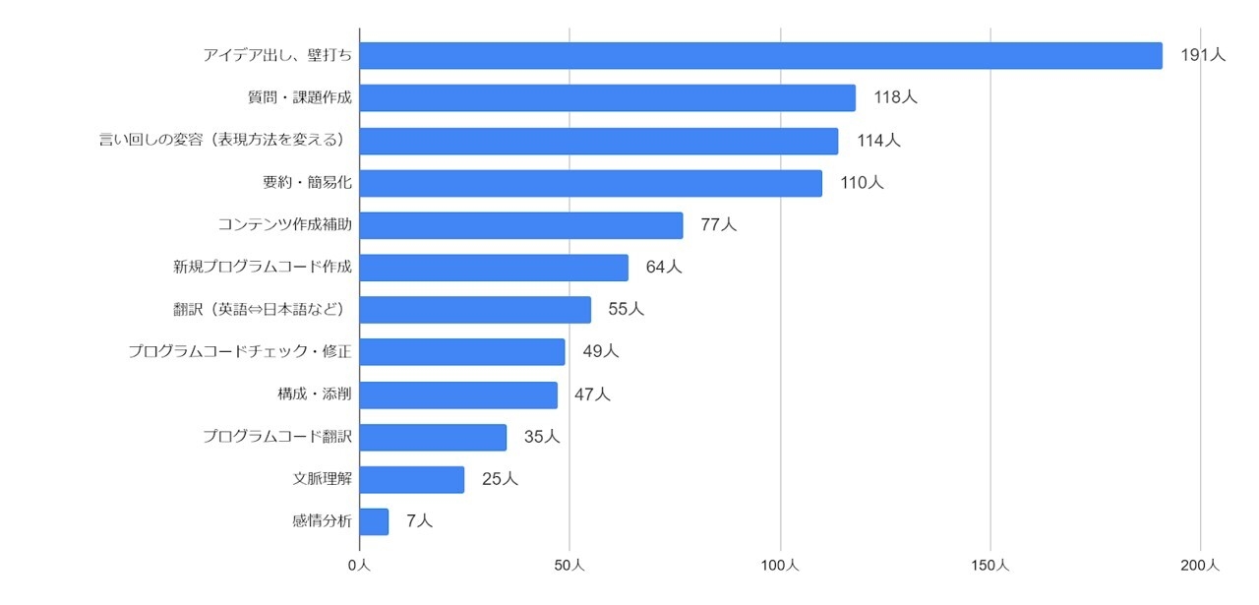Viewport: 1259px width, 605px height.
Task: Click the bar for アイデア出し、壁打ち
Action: point(760,56)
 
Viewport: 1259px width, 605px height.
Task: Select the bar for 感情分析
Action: point(374,521)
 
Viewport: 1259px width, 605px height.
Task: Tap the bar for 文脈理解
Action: point(411,479)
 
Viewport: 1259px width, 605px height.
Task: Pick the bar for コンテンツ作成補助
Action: point(520,225)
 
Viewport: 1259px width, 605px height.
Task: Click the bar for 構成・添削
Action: point(458,394)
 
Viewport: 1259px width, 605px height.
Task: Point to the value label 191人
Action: point(1202,56)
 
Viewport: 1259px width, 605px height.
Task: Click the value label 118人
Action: point(895,98)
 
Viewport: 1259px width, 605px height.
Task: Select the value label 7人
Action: point(419,521)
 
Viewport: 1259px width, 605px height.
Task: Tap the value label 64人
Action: point(663,268)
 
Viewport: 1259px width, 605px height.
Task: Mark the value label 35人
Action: point(541,437)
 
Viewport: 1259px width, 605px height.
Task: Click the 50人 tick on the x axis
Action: point(570,566)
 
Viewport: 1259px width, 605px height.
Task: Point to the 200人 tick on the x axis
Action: point(1200,566)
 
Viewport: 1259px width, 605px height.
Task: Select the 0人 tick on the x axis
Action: point(360,566)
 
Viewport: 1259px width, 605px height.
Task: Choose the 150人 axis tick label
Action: point(989,566)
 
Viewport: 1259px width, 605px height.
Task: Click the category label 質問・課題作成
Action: point(299,98)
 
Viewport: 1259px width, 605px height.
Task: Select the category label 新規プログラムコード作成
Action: point(262,268)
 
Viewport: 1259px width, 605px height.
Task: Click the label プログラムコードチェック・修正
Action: point(240,352)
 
